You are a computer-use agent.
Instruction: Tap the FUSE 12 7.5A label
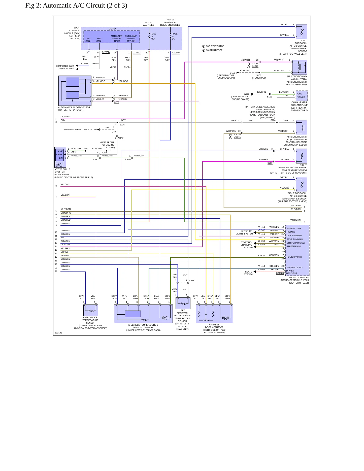(x=153, y=36)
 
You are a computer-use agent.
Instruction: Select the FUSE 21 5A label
(x=175, y=36)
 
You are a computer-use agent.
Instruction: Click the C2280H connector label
(x=176, y=53)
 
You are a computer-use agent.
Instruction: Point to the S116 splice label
(x=122, y=125)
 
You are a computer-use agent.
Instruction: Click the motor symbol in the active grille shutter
(x=59, y=165)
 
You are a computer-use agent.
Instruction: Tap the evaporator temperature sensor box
(x=91, y=310)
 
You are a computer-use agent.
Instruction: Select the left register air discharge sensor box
(x=183, y=303)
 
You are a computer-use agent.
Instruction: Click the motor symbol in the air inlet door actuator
(x=225, y=318)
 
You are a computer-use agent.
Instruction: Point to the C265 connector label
(x=192, y=281)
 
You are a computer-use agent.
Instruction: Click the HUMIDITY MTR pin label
(x=294, y=257)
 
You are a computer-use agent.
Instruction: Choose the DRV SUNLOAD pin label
(x=294, y=236)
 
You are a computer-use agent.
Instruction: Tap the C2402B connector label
(x=280, y=273)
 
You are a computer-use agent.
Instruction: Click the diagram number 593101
(x=58, y=333)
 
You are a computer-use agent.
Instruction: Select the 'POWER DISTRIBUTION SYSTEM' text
(x=80, y=129)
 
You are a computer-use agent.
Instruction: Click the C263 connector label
(x=117, y=103)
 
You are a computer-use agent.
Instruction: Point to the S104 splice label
(x=273, y=120)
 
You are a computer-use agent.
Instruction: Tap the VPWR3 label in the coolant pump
(x=301, y=97)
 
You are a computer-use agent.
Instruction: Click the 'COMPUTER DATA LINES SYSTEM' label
(x=65, y=67)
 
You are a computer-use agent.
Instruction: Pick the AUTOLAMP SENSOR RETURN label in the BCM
(x=131, y=39)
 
